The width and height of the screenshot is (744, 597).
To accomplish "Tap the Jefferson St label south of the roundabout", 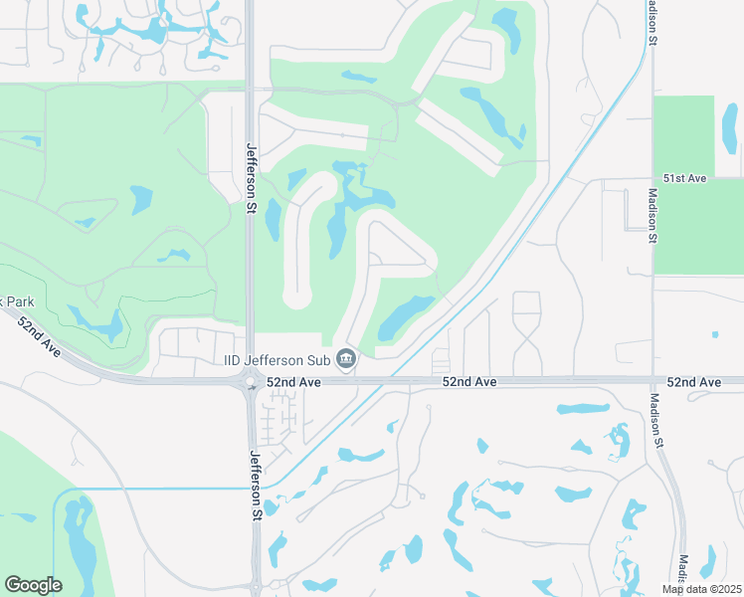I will [256, 485].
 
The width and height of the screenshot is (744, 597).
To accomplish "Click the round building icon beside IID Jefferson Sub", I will [346, 357].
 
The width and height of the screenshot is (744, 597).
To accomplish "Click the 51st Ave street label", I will [684, 178].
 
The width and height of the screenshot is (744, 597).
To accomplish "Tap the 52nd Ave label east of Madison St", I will [694, 382].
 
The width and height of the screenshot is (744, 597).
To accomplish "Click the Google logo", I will [33, 585].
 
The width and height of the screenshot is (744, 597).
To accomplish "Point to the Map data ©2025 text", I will [701, 589].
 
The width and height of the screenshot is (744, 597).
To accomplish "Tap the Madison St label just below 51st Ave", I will [653, 216].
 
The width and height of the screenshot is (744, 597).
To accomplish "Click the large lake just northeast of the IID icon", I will [406, 316].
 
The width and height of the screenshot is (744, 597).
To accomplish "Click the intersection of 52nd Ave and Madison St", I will [653, 381].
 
